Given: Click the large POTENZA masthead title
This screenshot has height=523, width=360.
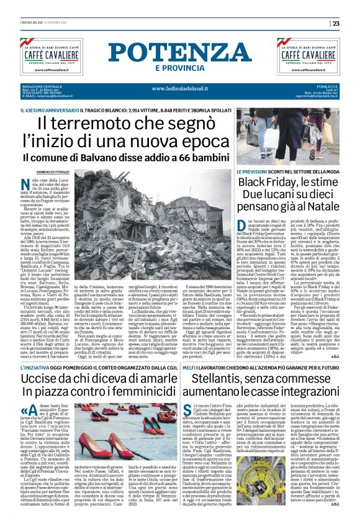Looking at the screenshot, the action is (x=179, y=52).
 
